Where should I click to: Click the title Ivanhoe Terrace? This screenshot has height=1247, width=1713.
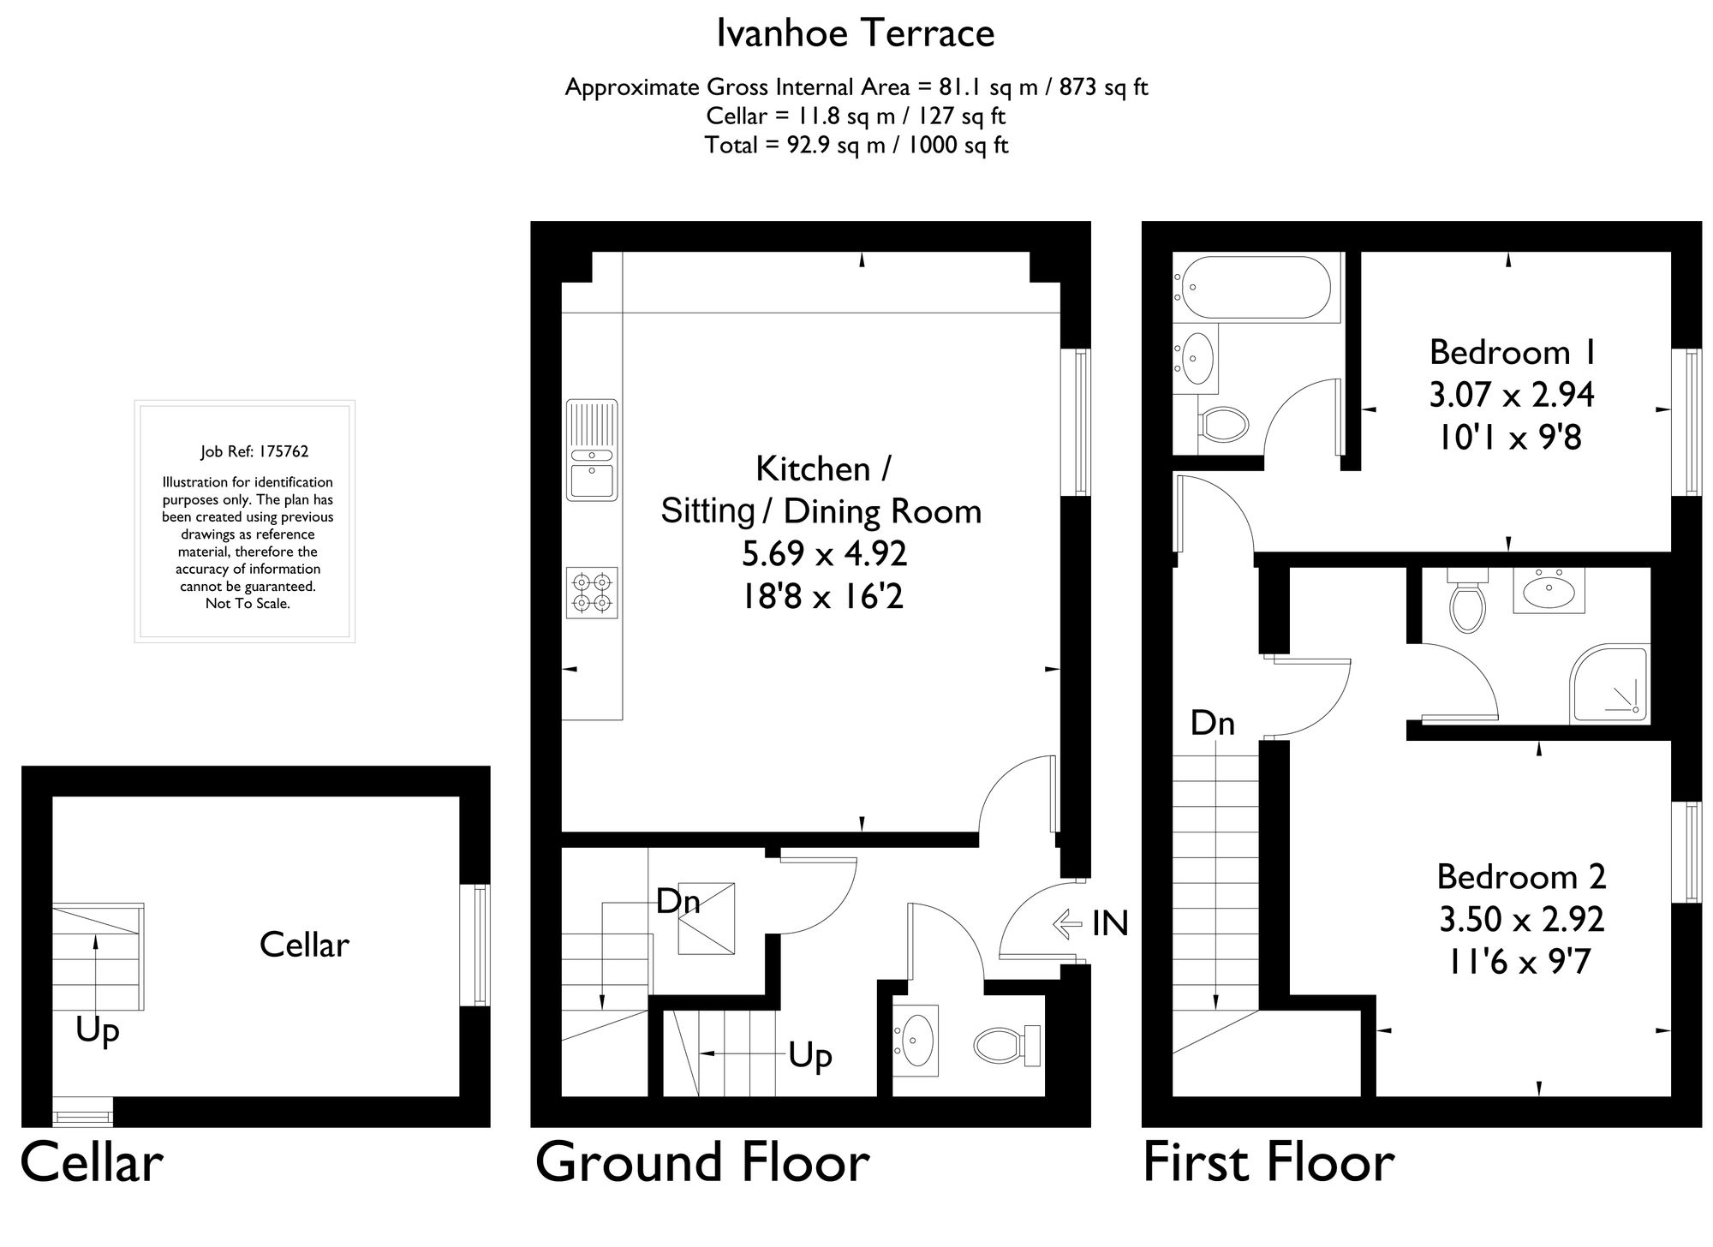(x=855, y=34)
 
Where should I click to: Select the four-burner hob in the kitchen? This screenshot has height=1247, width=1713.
(x=592, y=593)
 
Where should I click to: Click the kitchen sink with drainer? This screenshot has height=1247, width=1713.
(x=591, y=450)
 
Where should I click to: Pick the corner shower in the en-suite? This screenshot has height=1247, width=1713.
(x=1610, y=685)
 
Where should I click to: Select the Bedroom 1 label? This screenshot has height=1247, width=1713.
(x=1511, y=352)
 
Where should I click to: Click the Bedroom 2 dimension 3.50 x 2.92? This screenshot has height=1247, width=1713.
(x=1521, y=919)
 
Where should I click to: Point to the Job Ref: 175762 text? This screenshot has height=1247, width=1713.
(x=254, y=451)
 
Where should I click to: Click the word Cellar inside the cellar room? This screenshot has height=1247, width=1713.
(x=304, y=945)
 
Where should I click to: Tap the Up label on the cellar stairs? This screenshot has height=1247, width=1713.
(x=97, y=1030)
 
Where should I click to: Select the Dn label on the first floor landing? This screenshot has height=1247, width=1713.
(x=1212, y=724)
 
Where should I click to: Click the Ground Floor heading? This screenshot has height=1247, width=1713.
(x=702, y=1163)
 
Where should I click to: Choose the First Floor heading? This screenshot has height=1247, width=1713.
(x=1268, y=1163)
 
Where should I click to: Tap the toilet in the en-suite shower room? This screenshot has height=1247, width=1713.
(x=1467, y=603)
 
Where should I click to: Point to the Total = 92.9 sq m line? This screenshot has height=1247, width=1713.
(x=856, y=146)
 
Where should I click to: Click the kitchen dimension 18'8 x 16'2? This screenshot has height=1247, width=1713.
(x=822, y=596)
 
